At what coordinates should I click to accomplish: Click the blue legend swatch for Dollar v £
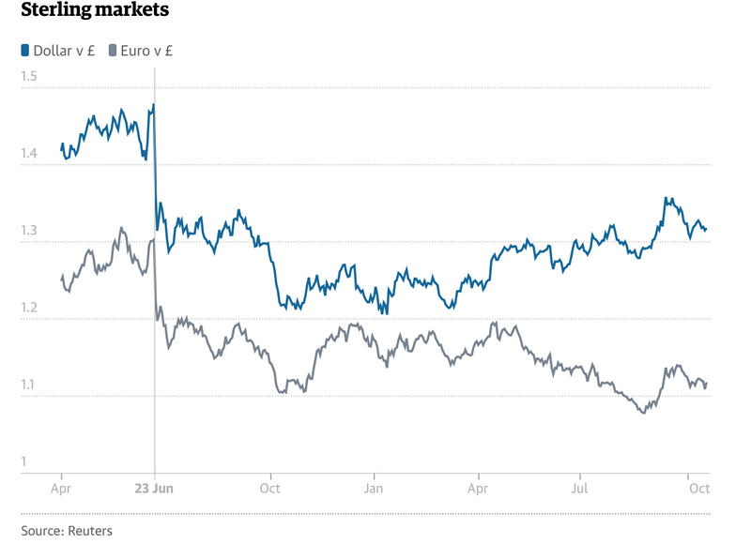pyautogui.click(x=24, y=51)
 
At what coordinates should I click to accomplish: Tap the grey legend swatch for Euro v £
pyautogui.click(x=114, y=51)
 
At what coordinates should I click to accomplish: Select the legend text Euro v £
pyautogui.click(x=147, y=51)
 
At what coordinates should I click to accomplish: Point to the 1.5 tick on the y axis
pyautogui.click(x=29, y=75)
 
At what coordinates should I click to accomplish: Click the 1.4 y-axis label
pyautogui.click(x=29, y=153)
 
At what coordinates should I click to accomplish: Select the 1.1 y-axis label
pyautogui.click(x=29, y=385)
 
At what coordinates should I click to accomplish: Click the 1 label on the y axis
pyautogui.click(x=24, y=461)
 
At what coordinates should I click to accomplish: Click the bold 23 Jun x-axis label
pyautogui.click(x=154, y=489)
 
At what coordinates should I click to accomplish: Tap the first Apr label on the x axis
pyautogui.click(x=62, y=489)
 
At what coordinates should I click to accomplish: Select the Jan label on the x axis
pyautogui.click(x=374, y=489)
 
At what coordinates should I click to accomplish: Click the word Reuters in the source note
pyautogui.click(x=89, y=531)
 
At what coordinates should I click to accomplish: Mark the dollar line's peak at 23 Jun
pyautogui.click(x=153, y=104)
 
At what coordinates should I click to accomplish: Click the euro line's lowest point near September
pyautogui.click(x=642, y=413)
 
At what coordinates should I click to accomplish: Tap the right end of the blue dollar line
pyautogui.click(x=707, y=229)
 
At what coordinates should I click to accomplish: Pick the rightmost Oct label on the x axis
pyautogui.click(x=698, y=489)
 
